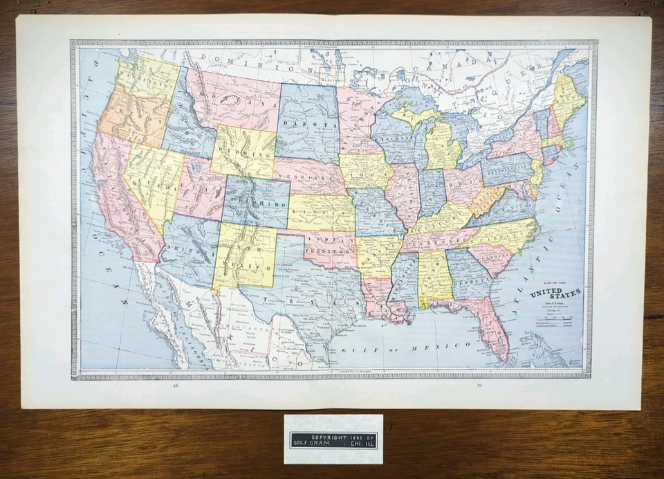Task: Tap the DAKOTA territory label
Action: [x=309, y=125]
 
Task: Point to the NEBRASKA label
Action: [x=308, y=175]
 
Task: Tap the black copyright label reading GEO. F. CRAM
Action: [x=333, y=440]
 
